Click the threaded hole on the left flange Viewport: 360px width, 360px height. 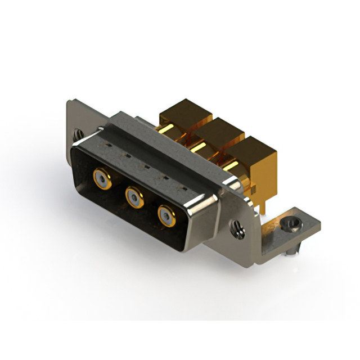point(78,136)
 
